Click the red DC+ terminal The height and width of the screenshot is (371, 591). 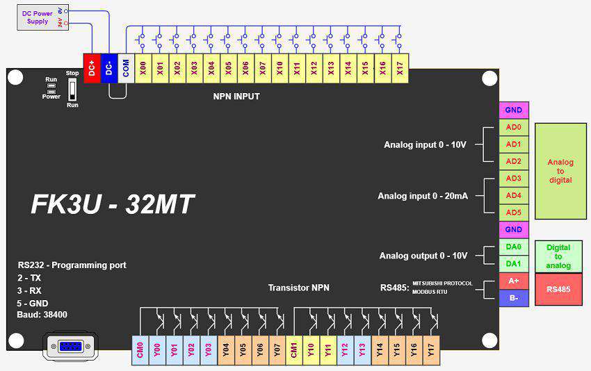pos(92,68)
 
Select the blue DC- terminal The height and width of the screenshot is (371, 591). pos(109,68)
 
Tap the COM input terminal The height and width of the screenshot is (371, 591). pos(126,68)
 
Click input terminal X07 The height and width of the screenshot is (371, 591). pos(263,68)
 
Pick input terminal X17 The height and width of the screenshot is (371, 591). pos(400,68)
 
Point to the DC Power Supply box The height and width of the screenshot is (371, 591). pos(43,17)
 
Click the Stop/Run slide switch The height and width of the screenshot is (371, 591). pos(72,89)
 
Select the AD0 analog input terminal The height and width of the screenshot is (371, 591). pos(513,127)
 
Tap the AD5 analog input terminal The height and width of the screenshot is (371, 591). pos(513,213)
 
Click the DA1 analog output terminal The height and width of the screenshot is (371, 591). pos(513,263)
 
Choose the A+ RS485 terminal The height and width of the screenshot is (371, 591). pos(513,281)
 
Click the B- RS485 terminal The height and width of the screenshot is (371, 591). pos(513,298)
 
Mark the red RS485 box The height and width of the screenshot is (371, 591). pos(558,289)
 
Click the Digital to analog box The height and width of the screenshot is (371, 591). pos(558,256)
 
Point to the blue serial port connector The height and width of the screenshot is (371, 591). pos(70,346)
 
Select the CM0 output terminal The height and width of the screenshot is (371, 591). pos(140,350)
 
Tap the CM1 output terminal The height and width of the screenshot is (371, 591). pos(294,350)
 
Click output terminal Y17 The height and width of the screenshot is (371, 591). pos(431,350)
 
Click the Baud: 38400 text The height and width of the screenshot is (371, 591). pos(42,315)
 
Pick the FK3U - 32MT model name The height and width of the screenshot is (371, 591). pos(113,204)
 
